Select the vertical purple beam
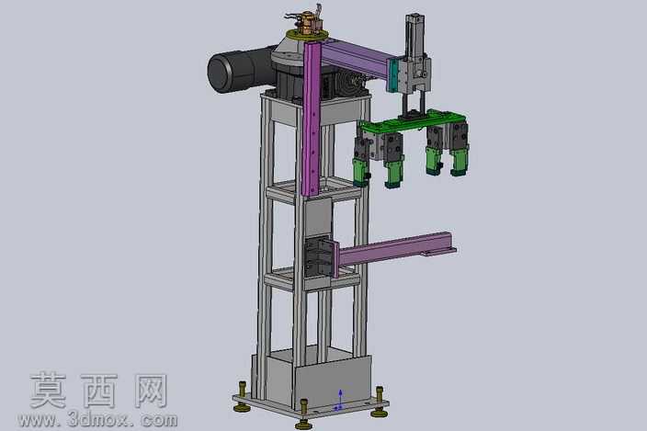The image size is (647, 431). [312, 119]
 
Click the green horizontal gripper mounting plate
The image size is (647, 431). [413, 122]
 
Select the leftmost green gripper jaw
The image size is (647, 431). [360, 171]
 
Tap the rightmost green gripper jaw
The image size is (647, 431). [459, 162]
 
